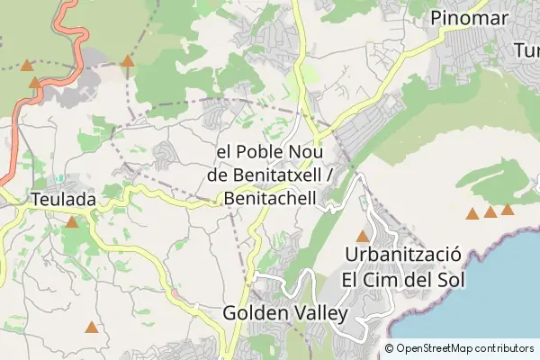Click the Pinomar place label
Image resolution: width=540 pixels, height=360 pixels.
470,17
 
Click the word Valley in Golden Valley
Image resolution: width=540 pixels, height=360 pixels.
318,313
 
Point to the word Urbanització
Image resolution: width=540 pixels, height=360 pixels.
403,255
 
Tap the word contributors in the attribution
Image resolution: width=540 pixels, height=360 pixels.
505,348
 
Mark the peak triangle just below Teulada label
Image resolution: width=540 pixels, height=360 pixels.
71,221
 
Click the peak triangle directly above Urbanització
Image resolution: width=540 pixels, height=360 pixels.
363,237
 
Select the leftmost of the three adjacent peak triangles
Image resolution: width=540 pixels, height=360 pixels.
472,214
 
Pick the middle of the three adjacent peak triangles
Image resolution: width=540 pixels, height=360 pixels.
490,212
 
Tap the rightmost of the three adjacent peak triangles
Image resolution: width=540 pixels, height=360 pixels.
508,210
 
